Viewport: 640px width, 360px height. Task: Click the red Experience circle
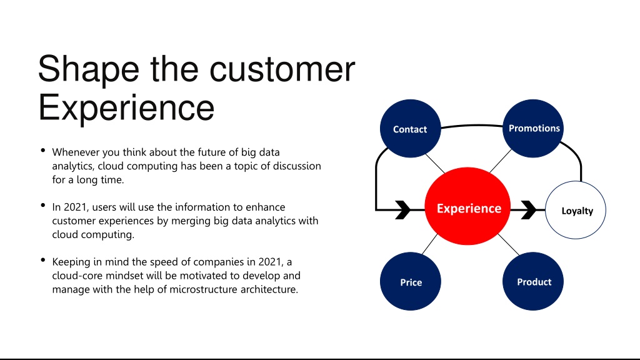pyautogui.click(x=467, y=206)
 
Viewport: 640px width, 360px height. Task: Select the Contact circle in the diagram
pyautogui.click(x=410, y=129)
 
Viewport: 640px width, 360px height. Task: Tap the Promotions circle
pyautogui.click(x=533, y=128)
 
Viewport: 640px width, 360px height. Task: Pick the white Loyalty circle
pyautogui.click(x=576, y=210)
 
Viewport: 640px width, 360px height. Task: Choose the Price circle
pyautogui.click(x=410, y=281)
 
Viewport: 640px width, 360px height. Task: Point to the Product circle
pyautogui.click(x=533, y=281)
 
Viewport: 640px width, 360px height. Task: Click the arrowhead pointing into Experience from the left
pyautogui.click(x=403, y=210)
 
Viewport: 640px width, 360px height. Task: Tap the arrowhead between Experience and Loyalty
pyautogui.click(x=529, y=210)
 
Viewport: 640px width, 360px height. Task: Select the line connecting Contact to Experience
pyautogui.click(x=435, y=164)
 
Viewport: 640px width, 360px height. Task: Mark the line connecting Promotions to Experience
pyautogui.click(x=501, y=161)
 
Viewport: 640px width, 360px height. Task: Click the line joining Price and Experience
pyautogui.click(x=429, y=244)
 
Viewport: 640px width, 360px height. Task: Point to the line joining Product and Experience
pyautogui.click(x=509, y=244)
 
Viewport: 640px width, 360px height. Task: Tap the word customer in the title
pyautogui.click(x=282, y=69)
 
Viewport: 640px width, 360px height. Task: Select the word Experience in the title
pyautogui.click(x=126, y=107)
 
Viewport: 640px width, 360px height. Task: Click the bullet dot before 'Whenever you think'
pyautogui.click(x=43, y=150)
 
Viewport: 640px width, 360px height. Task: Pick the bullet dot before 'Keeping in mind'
pyautogui.click(x=43, y=259)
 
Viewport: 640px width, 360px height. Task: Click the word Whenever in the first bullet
pyautogui.click(x=76, y=152)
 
